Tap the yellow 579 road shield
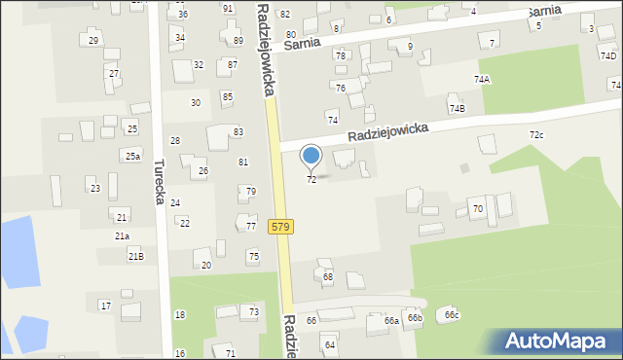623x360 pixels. [280, 227]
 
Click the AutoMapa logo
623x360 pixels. [559, 342]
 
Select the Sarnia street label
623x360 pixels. [308, 44]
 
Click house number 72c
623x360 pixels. [536, 134]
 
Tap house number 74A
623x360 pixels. [482, 80]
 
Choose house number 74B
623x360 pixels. [457, 108]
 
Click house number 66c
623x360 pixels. [452, 315]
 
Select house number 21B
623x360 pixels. [135, 256]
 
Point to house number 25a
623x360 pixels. [132, 156]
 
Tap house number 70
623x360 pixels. [477, 209]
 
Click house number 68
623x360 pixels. [328, 277]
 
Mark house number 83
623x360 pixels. [238, 131]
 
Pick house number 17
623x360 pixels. [105, 306]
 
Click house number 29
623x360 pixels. [93, 41]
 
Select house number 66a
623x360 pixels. [391, 320]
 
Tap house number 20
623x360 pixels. [205, 265]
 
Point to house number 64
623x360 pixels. [330, 344]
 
